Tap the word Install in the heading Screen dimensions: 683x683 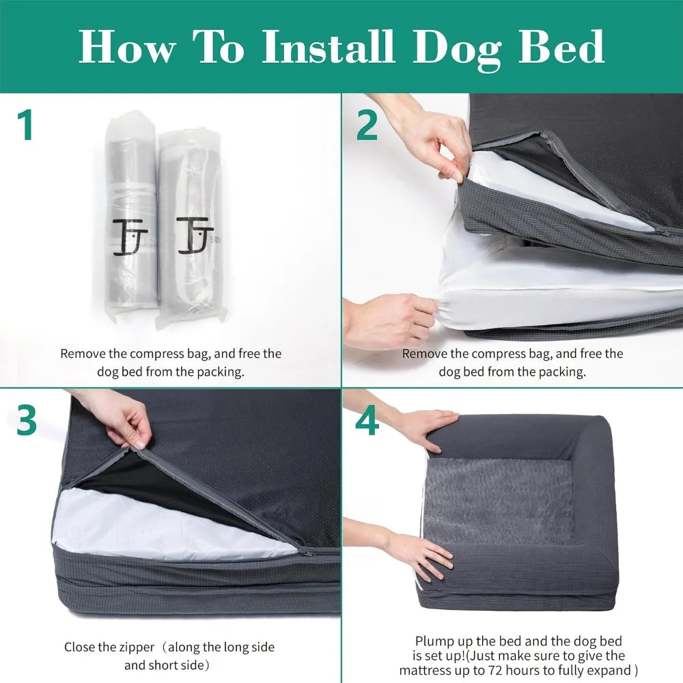click(328, 46)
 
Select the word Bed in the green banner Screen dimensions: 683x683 click(561, 46)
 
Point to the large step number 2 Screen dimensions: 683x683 click(367, 124)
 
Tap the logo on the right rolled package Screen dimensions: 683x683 click(194, 235)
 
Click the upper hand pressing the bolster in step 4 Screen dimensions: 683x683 click(418, 429)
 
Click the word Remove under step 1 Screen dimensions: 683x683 click(83, 353)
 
